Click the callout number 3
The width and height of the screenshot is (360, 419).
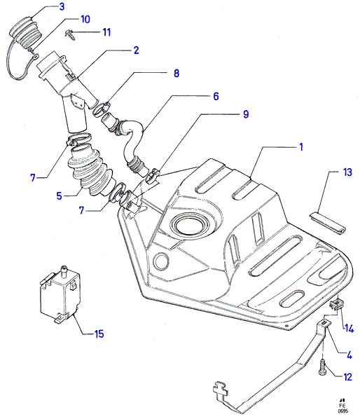pos(62,6)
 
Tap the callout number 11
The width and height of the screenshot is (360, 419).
pos(106,32)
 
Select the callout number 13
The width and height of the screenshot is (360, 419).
pos(347,172)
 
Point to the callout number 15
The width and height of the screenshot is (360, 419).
pos(99,334)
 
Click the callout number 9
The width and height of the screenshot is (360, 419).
pos(246,114)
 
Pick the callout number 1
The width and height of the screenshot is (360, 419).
pos(301,147)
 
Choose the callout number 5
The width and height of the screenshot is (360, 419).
pos(60,196)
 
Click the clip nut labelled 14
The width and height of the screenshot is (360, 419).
pos(337,304)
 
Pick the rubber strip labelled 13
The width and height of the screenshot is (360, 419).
pos(327,224)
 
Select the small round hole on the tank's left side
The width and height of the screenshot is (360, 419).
pos(161,261)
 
